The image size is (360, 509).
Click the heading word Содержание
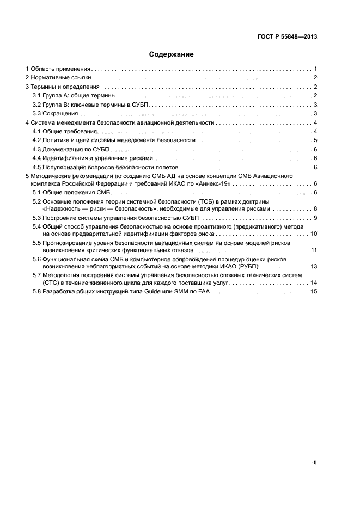[171, 54]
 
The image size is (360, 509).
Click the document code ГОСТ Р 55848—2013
[286, 36]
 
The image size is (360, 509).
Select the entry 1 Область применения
[58, 69]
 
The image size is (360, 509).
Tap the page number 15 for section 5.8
[313, 292]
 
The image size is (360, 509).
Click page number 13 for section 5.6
[313, 266]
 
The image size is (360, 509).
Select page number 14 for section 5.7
[313, 283]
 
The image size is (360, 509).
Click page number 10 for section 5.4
[313, 234]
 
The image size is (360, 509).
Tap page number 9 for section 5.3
[315, 218]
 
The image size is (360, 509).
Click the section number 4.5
[37, 167]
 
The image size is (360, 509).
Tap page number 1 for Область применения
[315, 69]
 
